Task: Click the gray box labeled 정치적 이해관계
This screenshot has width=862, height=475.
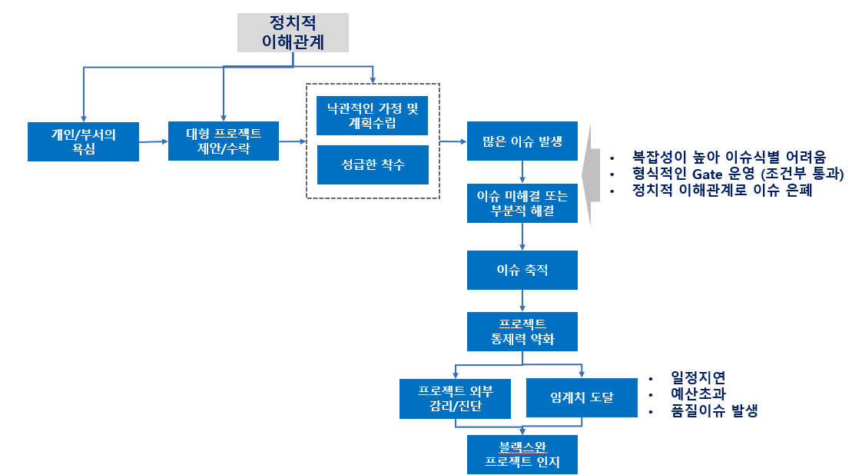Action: pos(292,32)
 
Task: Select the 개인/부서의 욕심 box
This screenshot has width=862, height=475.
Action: pos(84,141)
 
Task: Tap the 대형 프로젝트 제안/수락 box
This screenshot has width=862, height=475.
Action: pos(224,141)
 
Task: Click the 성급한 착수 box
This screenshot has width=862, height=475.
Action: pos(373,164)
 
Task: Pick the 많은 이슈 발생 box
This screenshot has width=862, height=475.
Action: pos(522,141)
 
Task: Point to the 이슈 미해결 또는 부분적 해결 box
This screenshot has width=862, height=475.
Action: pos(522,204)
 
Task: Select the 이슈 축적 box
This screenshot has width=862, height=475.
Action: pos(522,271)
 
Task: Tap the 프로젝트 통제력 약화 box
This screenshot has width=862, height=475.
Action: pos(522,331)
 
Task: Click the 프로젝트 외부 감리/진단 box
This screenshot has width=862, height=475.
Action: pos(456,398)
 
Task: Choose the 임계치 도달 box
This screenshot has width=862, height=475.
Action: pos(582,398)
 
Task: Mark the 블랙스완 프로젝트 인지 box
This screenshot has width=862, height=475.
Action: pos(522,454)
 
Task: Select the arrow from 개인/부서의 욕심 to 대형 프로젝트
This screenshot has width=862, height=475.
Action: pos(154,141)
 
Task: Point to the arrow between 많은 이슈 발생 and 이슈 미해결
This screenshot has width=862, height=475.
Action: pos(522,171)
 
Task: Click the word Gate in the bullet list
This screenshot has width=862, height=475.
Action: pos(710,174)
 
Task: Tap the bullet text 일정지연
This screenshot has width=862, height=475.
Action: pos(698,377)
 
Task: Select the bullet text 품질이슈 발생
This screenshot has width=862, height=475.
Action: pos(714,411)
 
